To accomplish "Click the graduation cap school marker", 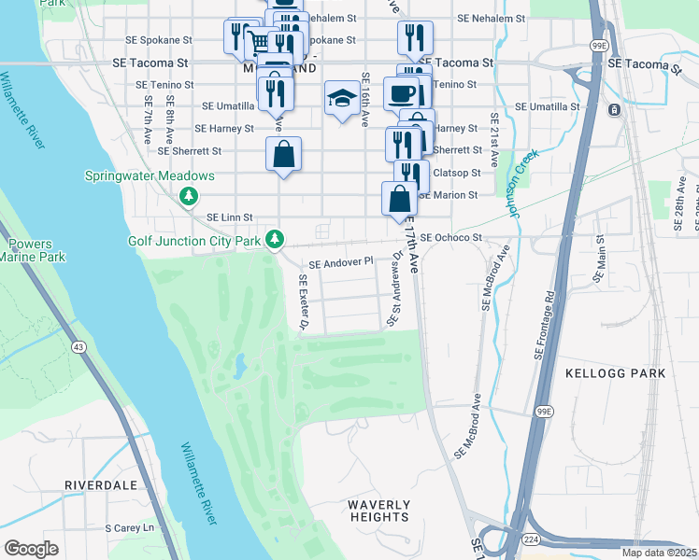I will (x=343, y=97).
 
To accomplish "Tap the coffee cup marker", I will (x=402, y=93).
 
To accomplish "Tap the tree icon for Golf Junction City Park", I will (x=274, y=240).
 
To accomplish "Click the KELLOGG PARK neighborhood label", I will (x=616, y=373).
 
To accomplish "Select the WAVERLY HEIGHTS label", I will (x=378, y=511).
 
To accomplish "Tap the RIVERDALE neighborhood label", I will (x=101, y=485).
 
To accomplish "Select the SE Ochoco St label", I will (x=450, y=238).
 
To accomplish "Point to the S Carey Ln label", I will (x=129, y=528).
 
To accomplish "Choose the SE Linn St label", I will (x=230, y=217).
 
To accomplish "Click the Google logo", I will (x=31, y=548).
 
